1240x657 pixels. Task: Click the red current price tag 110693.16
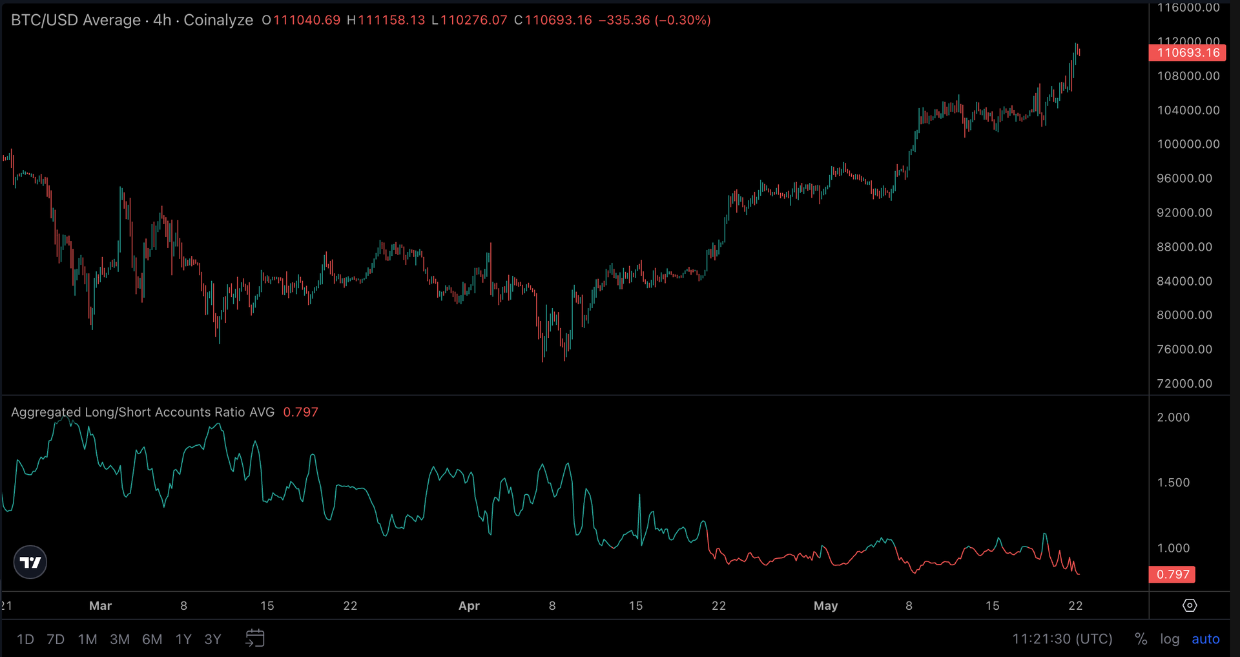point(1187,53)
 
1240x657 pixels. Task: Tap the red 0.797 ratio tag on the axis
point(1172,574)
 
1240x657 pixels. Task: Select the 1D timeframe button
point(25,639)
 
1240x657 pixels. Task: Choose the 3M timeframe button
point(119,639)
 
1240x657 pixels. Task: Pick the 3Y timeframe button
point(212,639)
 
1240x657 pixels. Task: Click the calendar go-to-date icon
point(255,638)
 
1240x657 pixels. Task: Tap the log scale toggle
point(1170,639)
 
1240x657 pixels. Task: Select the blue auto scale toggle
point(1205,639)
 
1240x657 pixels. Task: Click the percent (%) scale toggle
point(1141,639)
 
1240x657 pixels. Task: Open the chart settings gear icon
point(1190,605)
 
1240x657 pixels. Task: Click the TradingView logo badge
point(30,562)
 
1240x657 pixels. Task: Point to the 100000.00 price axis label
point(1188,144)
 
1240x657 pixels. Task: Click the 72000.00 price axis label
point(1184,384)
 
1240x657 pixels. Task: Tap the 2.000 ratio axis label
point(1173,417)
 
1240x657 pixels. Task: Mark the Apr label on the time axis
point(469,606)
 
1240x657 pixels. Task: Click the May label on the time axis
point(825,606)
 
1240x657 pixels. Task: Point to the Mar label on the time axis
point(100,606)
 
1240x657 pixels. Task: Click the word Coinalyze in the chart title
point(218,20)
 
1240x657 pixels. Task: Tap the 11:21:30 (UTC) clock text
point(1062,639)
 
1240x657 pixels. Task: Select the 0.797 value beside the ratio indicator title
point(300,412)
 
